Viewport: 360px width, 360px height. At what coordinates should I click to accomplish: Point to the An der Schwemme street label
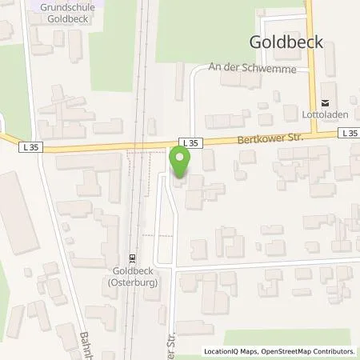(x=246, y=70)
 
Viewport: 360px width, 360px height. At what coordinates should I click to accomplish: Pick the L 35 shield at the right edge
(x=349, y=134)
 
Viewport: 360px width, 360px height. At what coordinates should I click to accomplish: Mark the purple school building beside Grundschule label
(x=35, y=5)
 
